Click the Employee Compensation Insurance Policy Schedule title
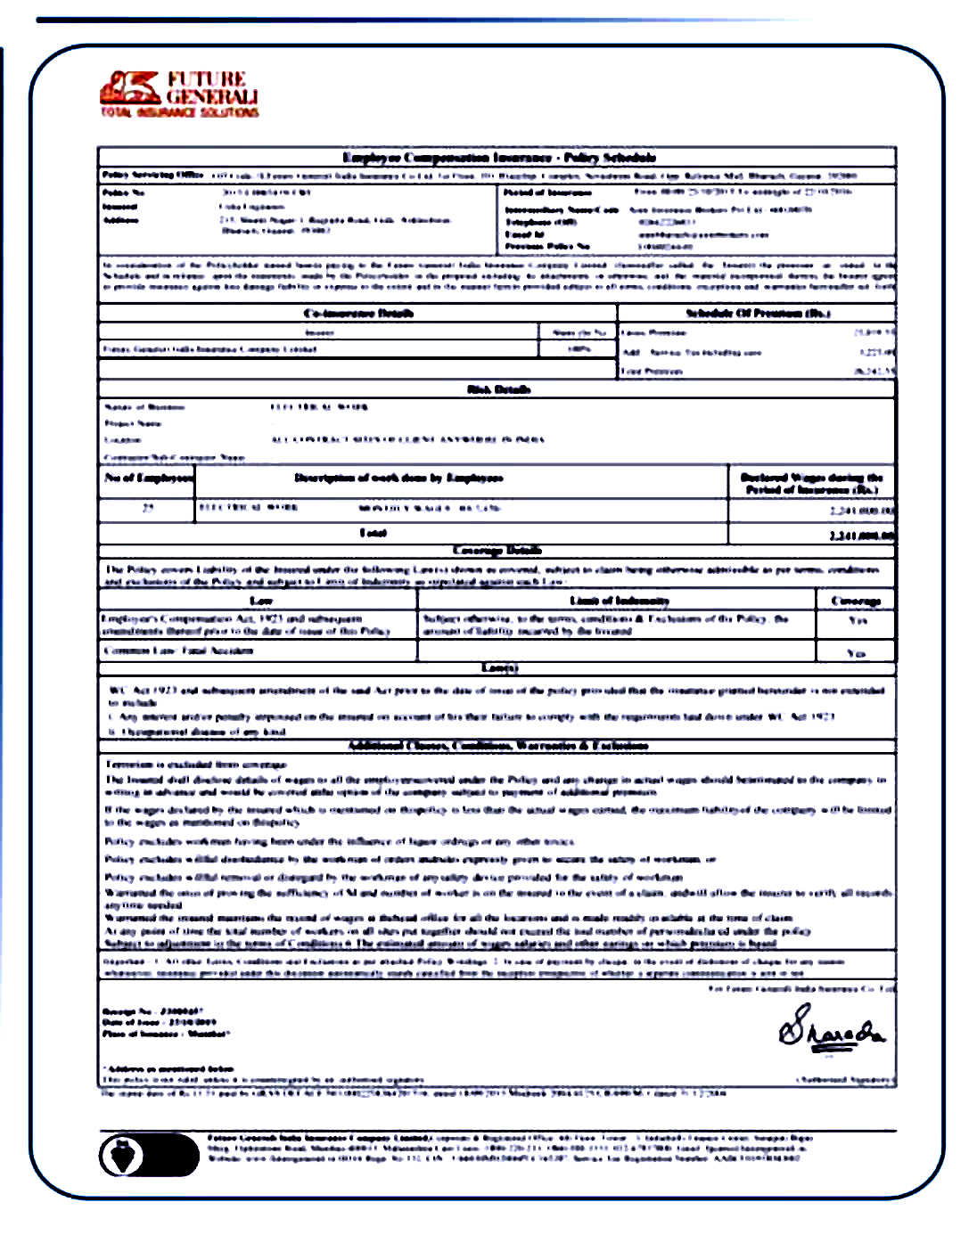tap(499, 158)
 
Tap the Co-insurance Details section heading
tap(358, 314)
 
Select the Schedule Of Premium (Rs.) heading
tap(758, 314)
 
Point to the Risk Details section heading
tap(499, 389)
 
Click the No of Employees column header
tap(148, 478)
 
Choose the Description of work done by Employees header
tap(398, 478)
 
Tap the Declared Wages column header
tap(811, 484)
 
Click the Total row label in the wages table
tap(373, 533)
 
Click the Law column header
tap(260, 601)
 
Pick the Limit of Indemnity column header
tap(619, 601)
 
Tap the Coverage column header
tap(856, 601)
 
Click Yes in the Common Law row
tap(856, 653)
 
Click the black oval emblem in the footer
tap(149, 1156)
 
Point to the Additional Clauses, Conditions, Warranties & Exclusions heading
tap(498, 746)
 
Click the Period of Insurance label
tap(547, 192)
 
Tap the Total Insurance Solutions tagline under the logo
tap(179, 112)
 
